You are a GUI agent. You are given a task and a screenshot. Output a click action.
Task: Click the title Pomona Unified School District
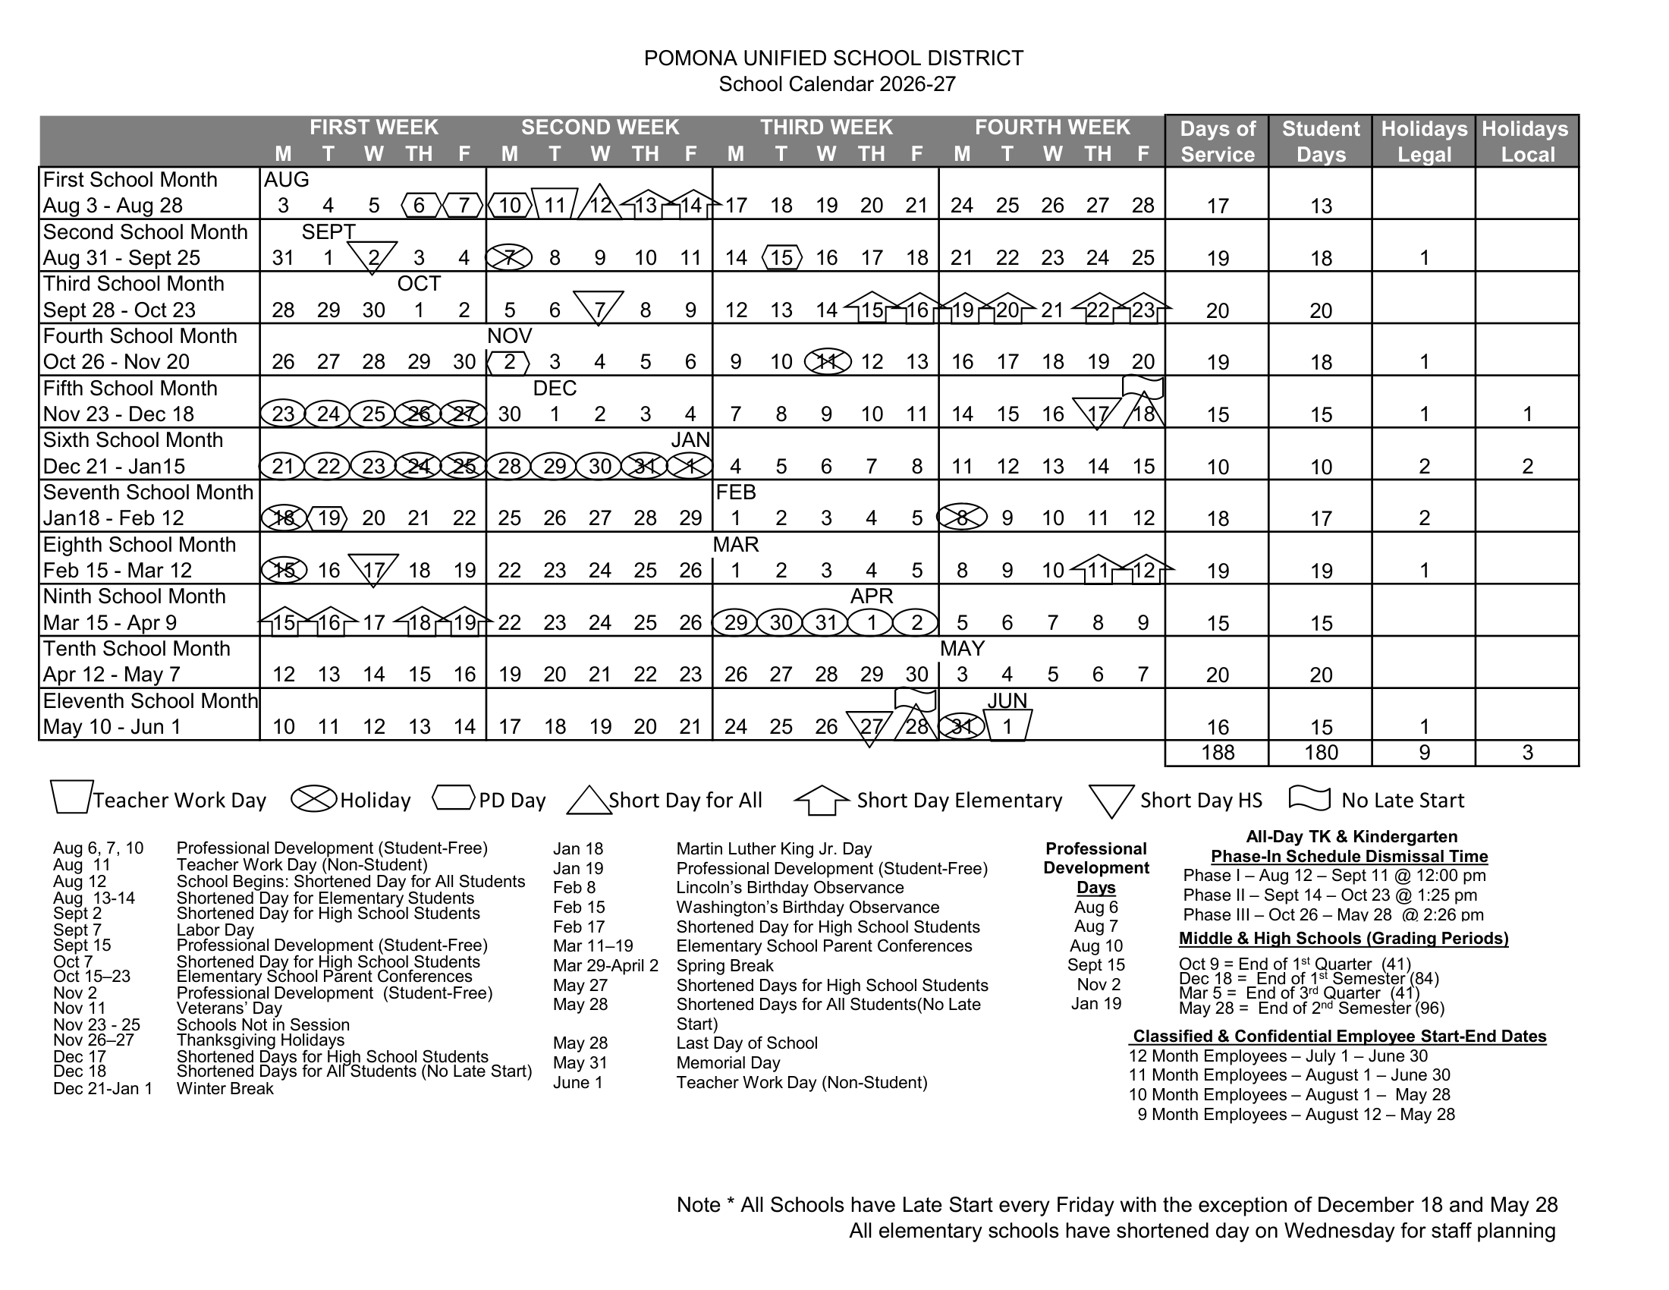[x=833, y=58]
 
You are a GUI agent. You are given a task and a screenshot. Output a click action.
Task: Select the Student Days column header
[x=1321, y=141]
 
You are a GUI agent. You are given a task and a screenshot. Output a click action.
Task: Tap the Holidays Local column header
[x=1527, y=141]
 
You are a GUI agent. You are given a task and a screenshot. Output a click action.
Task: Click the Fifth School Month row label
[x=130, y=389]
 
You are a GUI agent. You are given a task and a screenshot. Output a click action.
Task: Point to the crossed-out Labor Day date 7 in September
[x=509, y=258]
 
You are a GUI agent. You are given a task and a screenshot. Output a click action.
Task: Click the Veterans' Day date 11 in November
[x=826, y=361]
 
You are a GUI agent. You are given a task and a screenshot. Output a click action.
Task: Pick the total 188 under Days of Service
[x=1218, y=753]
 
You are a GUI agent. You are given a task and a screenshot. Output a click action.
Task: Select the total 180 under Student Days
[x=1321, y=753]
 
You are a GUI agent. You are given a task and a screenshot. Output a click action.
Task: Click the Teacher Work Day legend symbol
[x=71, y=797]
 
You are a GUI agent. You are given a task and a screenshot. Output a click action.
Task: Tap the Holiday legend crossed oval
[x=314, y=799]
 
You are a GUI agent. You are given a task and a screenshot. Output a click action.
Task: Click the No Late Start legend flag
[x=1309, y=797]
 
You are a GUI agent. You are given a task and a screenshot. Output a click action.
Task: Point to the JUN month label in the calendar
[x=1007, y=700]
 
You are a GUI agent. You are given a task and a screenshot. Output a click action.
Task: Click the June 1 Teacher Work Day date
[x=1007, y=726]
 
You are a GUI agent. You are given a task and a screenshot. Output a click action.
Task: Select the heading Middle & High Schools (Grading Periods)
[x=1344, y=939]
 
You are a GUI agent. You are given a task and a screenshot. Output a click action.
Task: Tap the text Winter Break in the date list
[x=225, y=1088]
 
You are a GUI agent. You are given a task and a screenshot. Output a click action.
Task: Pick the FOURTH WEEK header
[x=1052, y=127]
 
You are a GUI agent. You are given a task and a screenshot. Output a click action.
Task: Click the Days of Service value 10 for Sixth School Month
[x=1218, y=466]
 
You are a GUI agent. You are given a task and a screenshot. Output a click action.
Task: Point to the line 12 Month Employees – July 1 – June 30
[x=1278, y=1056]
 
